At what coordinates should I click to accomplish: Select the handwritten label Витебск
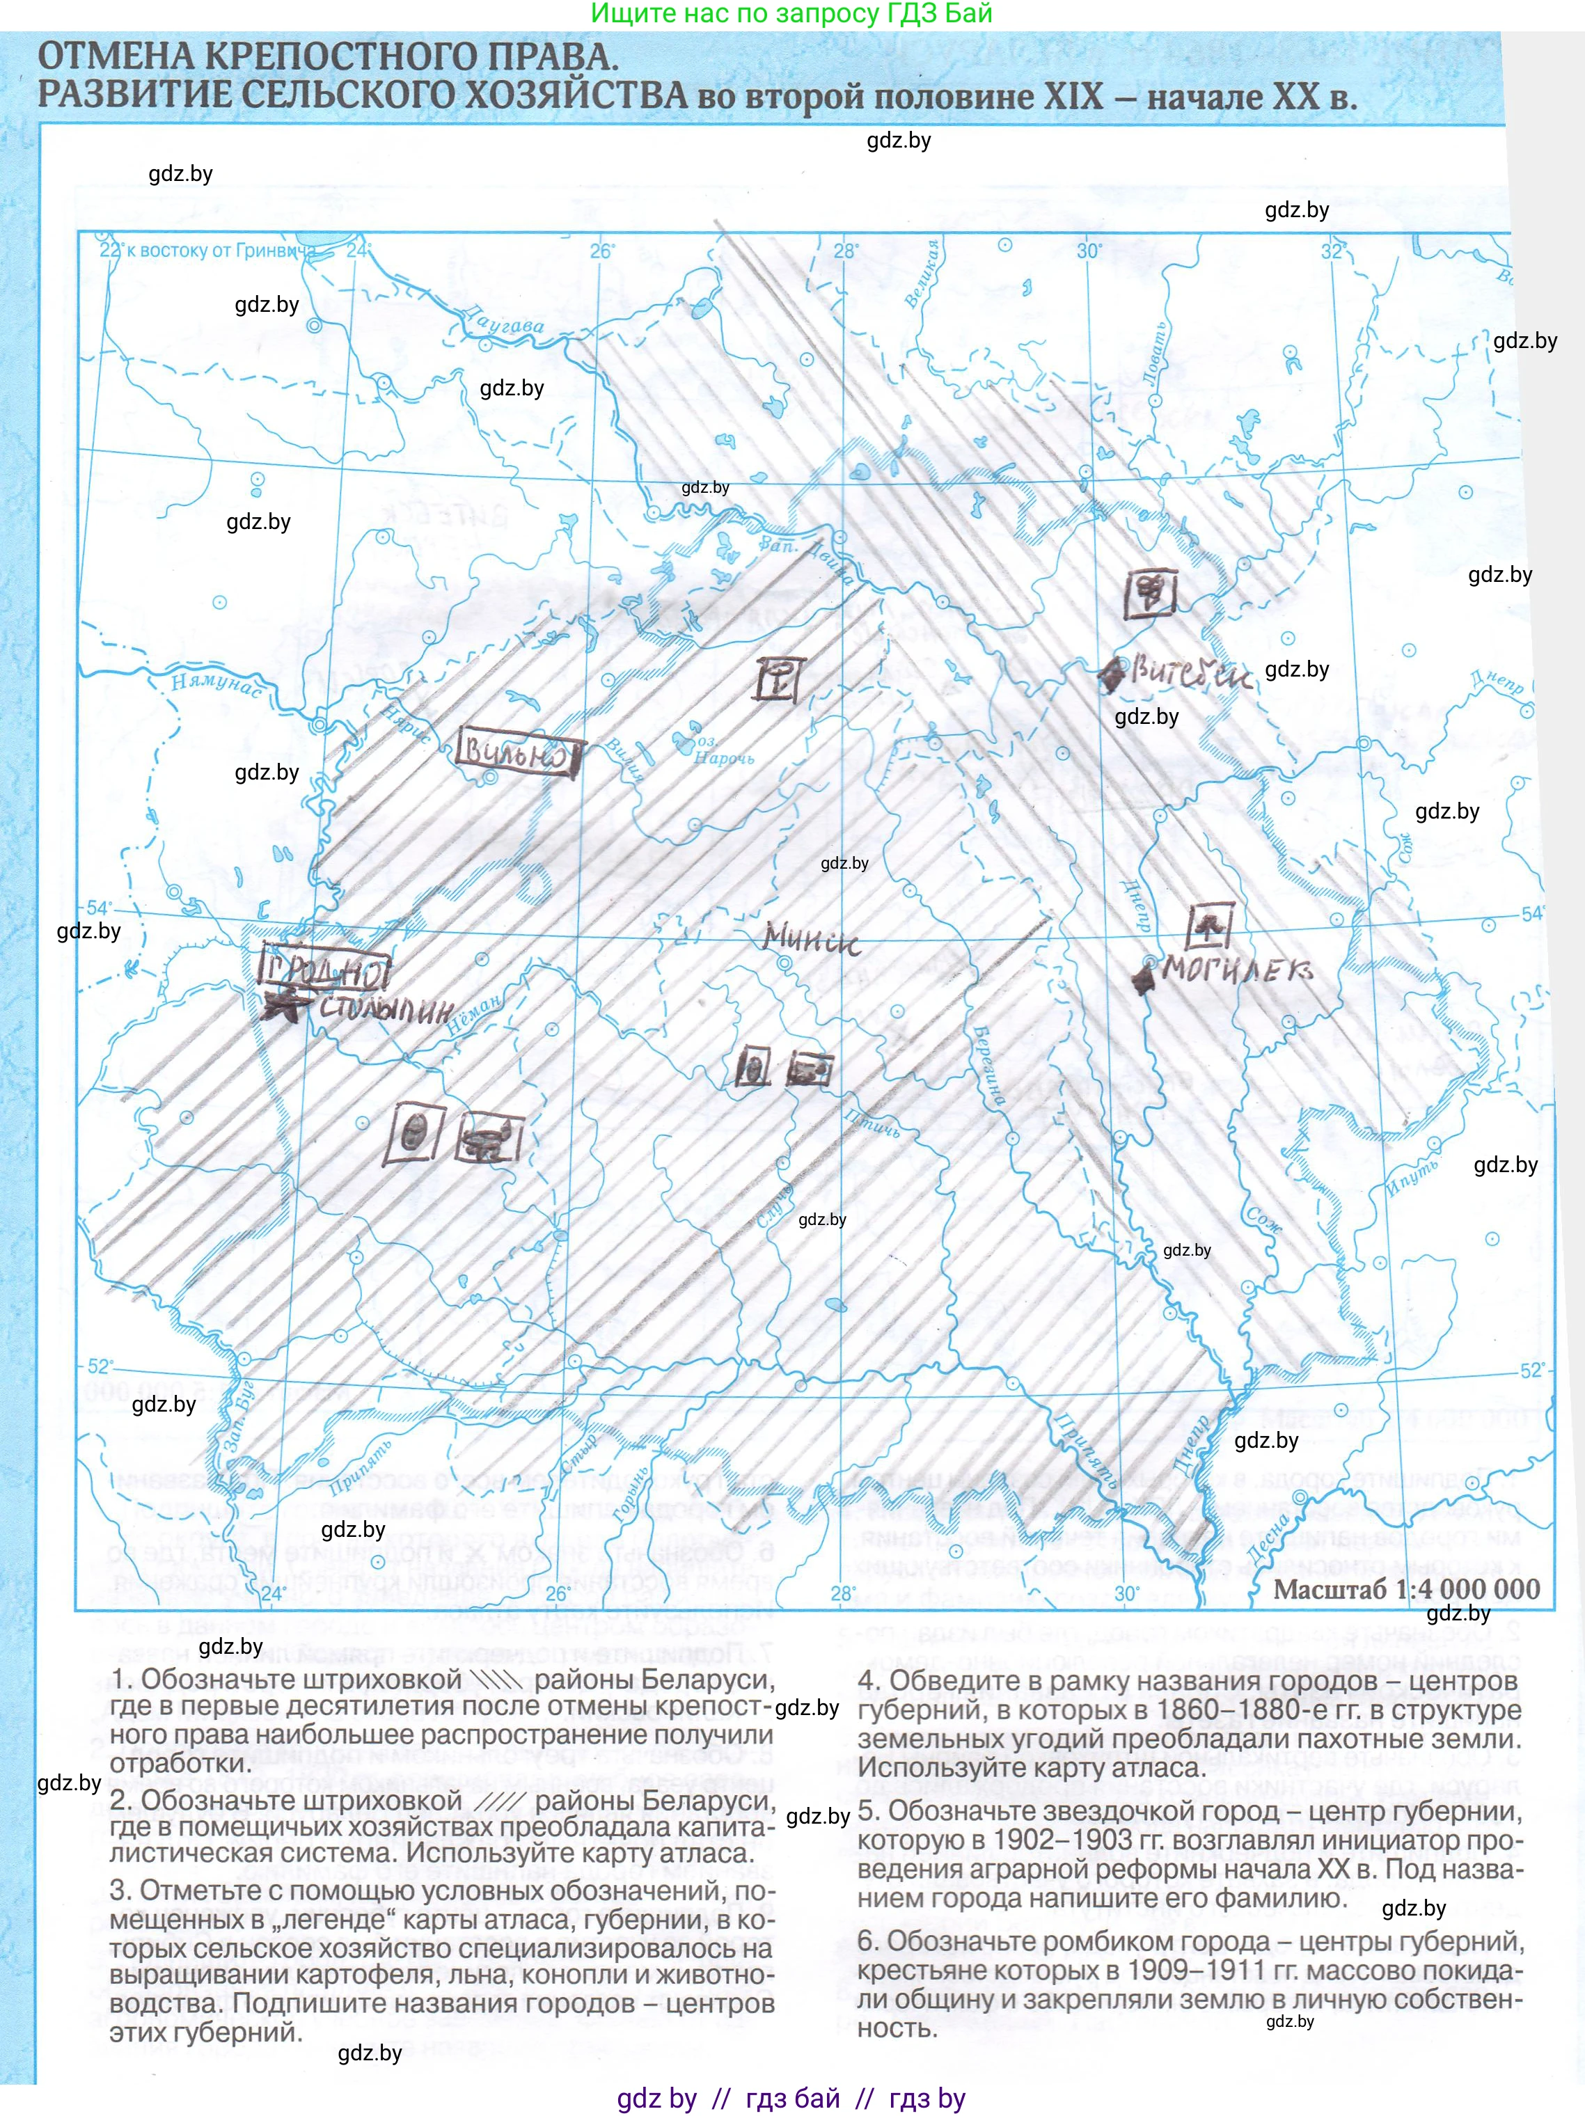1192,674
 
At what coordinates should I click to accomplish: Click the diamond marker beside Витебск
1112,675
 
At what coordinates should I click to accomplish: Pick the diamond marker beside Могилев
1143,976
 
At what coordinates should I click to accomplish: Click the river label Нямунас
215,683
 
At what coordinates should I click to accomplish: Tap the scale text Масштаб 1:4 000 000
1406,1589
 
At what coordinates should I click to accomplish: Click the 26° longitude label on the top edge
601,251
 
